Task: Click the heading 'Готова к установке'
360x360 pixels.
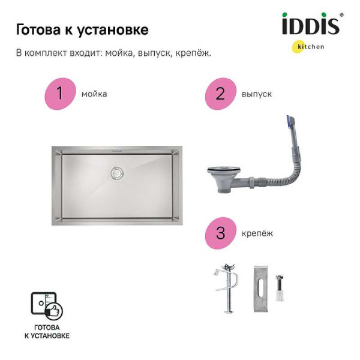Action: click(x=82, y=29)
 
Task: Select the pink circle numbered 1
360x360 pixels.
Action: click(x=60, y=94)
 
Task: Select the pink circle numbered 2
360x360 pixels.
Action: click(x=220, y=94)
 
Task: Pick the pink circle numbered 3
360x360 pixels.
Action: click(x=220, y=233)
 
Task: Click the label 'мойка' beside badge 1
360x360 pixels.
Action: click(x=94, y=94)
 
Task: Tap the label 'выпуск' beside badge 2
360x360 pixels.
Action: click(x=257, y=94)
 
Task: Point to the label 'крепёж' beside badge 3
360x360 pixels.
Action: click(x=257, y=233)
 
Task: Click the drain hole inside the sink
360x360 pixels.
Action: click(x=116, y=173)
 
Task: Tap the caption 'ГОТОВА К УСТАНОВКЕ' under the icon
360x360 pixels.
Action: click(x=47, y=332)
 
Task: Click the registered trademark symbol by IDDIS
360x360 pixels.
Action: click(x=341, y=16)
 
